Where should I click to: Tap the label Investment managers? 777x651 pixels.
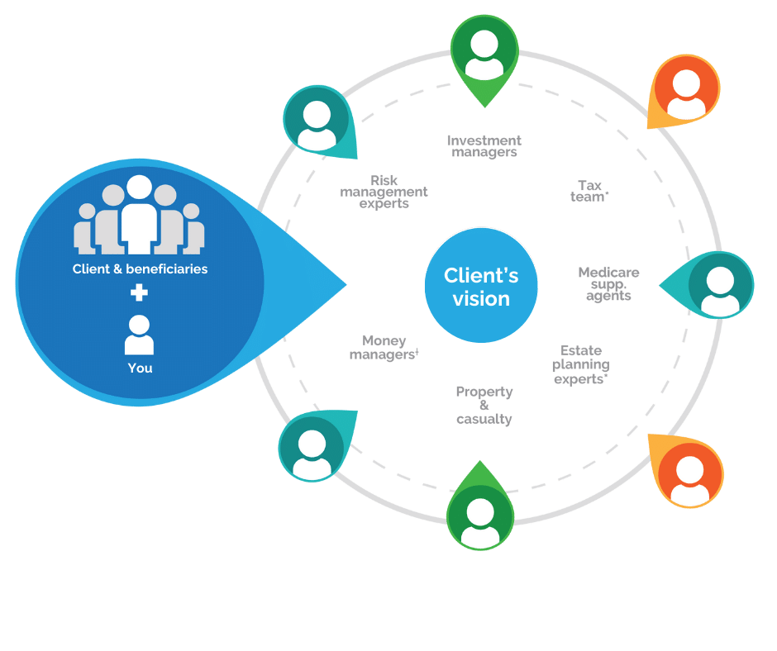(484, 146)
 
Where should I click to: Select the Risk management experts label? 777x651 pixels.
(384, 192)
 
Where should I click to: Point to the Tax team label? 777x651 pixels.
(589, 191)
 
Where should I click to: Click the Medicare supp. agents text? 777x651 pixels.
(608, 283)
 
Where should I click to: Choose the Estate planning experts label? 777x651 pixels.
(582, 364)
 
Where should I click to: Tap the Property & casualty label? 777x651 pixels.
(484, 405)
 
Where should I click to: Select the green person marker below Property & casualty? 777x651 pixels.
(480, 516)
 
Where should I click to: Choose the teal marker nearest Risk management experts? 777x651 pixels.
(317, 121)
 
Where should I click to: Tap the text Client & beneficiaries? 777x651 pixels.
(140, 268)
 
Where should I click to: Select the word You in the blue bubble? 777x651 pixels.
(140, 368)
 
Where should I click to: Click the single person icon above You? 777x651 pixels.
(140, 335)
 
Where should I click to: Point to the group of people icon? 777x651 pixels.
(140, 216)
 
